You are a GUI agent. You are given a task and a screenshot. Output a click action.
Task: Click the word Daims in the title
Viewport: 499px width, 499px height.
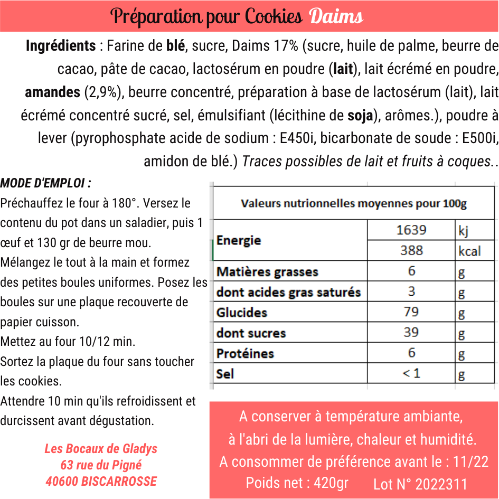click(336, 16)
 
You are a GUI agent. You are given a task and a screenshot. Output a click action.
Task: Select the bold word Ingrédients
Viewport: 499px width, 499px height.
click(61, 46)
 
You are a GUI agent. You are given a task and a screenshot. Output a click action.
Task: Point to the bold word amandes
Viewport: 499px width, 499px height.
click(52, 92)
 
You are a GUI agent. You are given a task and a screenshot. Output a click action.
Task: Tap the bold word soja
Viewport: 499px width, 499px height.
click(360, 116)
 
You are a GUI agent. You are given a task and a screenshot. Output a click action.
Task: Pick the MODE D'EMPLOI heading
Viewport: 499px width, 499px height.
click(45, 184)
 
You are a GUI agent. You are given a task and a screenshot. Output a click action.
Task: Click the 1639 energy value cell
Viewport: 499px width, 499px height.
click(411, 230)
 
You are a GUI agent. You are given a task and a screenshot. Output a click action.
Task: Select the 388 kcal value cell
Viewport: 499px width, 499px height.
click(411, 250)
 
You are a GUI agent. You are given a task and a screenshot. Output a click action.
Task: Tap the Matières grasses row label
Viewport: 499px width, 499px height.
click(267, 272)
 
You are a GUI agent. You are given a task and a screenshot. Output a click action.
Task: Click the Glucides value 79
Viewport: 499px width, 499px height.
click(411, 312)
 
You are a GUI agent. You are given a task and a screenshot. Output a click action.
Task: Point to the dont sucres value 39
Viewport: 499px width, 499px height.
click(411, 332)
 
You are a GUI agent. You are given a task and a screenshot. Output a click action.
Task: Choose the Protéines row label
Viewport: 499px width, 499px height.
click(245, 353)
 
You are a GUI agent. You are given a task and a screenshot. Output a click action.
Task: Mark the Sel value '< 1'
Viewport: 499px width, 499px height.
click(411, 373)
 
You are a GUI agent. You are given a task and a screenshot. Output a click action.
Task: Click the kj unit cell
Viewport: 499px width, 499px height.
click(463, 230)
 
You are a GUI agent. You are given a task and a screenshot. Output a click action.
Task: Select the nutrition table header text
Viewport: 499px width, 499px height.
click(353, 203)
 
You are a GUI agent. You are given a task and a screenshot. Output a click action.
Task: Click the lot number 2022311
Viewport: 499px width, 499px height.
click(441, 484)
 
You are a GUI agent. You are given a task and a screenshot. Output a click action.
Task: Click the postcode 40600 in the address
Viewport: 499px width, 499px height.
click(61, 481)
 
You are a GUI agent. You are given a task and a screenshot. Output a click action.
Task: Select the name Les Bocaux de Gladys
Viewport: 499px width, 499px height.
click(101, 448)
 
